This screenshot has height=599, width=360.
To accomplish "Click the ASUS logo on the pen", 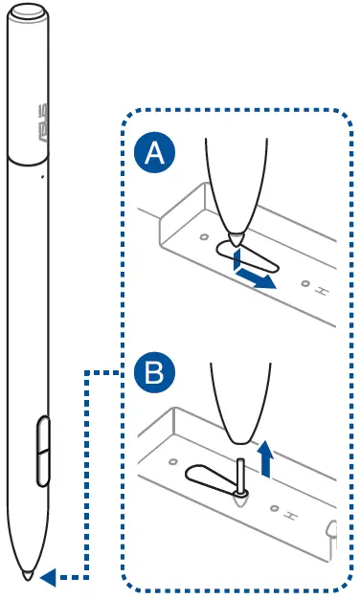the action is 43,123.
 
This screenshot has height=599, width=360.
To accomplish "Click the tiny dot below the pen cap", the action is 42,176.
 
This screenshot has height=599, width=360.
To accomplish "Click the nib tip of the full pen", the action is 28,575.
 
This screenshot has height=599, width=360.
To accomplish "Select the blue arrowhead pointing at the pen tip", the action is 48,577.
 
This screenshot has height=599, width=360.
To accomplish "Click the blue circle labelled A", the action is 155,153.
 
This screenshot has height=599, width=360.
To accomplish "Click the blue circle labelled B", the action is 154,373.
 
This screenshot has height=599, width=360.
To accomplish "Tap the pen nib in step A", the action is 236,239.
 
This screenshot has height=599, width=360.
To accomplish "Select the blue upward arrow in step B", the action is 265,458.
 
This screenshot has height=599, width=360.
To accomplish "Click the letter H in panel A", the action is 322,292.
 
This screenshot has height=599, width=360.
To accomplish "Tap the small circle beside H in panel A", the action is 305,284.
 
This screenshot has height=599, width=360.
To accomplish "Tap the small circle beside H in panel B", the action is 274,508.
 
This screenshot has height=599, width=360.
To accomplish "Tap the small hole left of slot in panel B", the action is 173,462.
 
